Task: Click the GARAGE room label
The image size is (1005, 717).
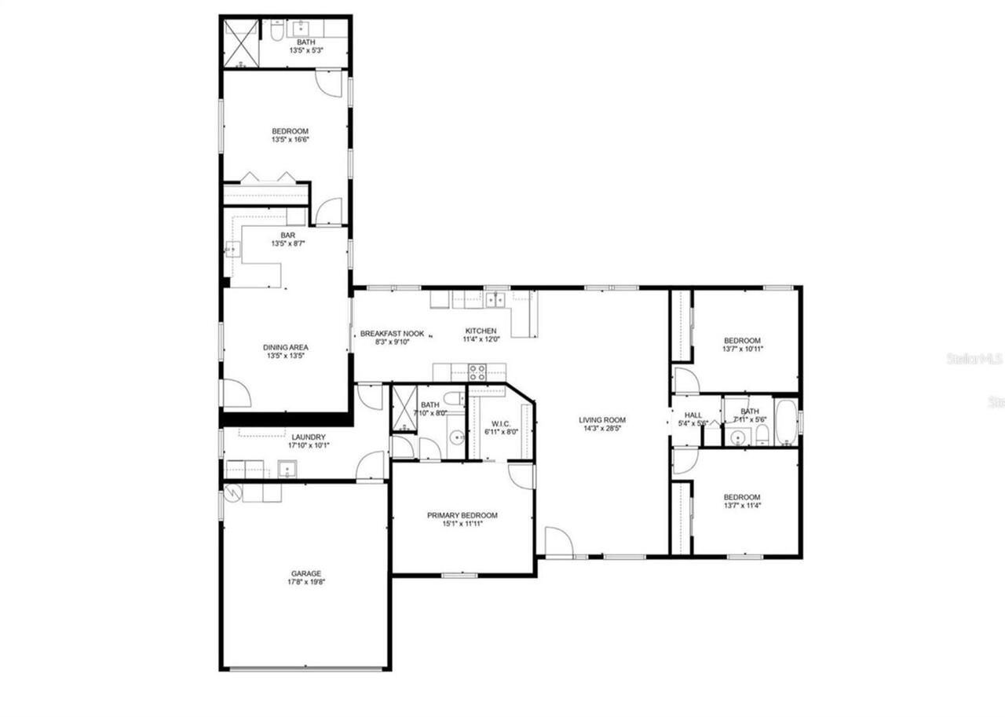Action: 306,574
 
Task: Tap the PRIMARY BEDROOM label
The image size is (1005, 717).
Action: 462,515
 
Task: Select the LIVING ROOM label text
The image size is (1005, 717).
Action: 602,420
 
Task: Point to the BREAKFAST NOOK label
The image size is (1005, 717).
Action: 392,334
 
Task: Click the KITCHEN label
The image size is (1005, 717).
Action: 481,331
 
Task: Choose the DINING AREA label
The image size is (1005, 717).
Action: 286,347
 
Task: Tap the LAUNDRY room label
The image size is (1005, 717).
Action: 308,437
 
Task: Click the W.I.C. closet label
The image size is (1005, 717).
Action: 501,423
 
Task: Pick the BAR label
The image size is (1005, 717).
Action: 287,235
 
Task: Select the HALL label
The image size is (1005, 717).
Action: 693,415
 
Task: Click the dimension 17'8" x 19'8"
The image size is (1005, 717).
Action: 306,583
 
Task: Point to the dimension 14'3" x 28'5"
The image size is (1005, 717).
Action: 602,429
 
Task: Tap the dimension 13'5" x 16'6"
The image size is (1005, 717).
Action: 290,140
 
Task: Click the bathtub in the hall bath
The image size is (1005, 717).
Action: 785,423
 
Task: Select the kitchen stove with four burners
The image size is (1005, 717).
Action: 477,373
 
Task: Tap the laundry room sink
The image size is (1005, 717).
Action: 287,470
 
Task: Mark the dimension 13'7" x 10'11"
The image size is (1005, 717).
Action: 742,349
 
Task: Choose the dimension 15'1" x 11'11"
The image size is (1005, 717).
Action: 462,524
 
